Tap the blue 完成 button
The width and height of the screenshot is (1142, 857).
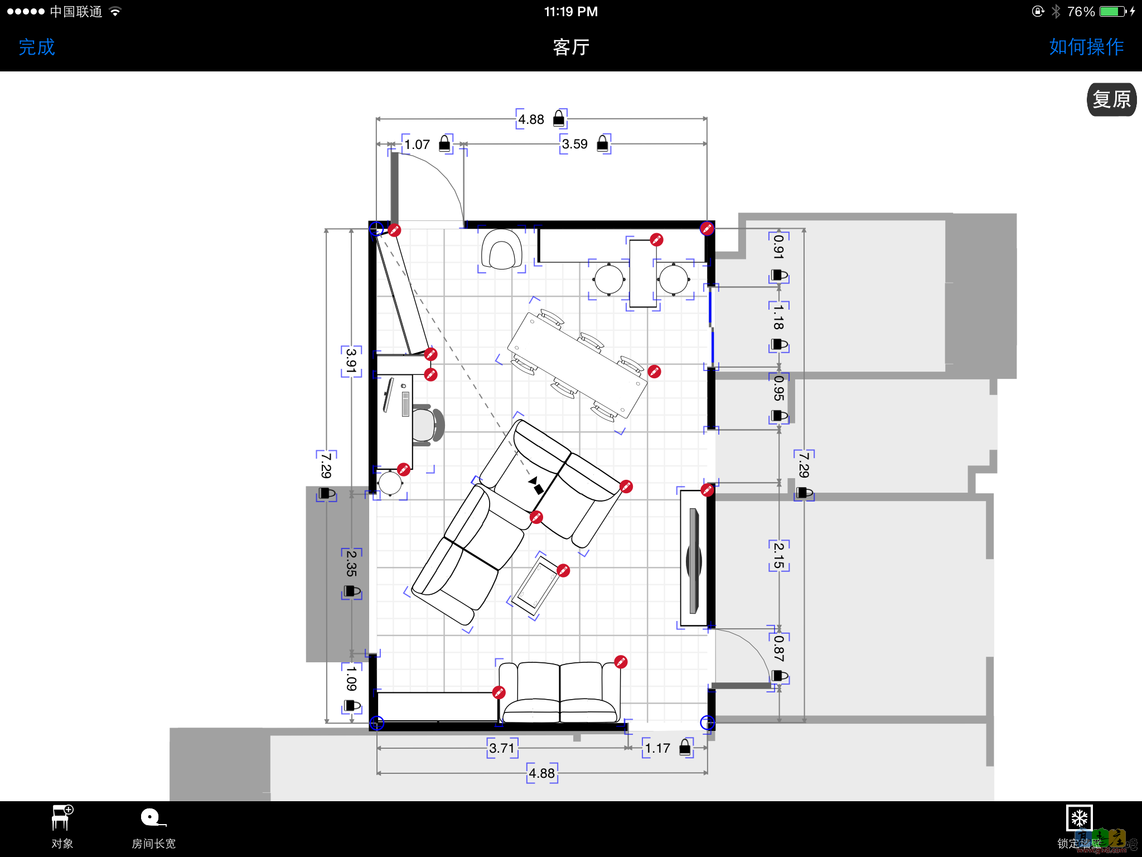[x=37, y=47]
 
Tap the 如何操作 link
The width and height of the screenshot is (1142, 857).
[x=1086, y=47]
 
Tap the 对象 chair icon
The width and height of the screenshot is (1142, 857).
[x=62, y=818]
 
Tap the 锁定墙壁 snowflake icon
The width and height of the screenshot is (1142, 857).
[x=1079, y=818]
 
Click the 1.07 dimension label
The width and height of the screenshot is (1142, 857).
[x=417, y=145]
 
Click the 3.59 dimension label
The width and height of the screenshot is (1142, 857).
[x=574, y=144]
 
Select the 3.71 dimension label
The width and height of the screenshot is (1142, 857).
[x=502, y=748]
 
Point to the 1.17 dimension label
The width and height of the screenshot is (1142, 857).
[x=657, y=748]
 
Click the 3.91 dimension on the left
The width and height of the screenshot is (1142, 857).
[x=351, y=361]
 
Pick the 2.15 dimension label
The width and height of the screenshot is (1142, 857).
[x=779, y=555]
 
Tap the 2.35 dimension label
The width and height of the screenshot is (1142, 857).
[x=351, y=564]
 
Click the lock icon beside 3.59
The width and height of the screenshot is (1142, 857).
[x=603, y=143]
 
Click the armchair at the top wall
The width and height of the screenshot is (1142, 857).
[x=502, y=249]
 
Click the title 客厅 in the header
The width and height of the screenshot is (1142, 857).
[x=571, y=47]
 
